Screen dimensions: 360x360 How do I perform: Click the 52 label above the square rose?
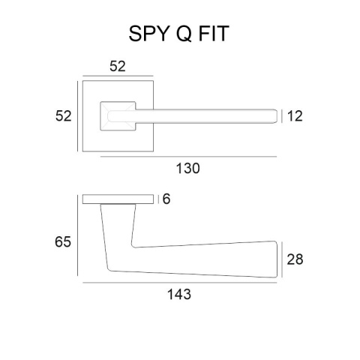118,66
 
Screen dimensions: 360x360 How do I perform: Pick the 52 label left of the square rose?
64,115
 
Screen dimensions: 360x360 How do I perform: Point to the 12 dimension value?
294,115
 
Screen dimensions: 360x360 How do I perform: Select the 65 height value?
64,242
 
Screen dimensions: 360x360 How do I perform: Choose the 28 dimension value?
295,259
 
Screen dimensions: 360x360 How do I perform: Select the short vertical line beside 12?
283,115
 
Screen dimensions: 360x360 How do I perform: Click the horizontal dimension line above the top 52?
118,76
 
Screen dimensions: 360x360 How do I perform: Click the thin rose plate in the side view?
118,199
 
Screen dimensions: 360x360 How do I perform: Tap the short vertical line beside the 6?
158,199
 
